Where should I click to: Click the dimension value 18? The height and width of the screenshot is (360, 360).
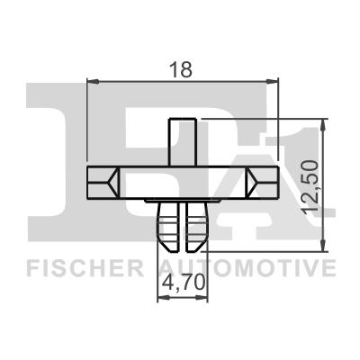(184, 67)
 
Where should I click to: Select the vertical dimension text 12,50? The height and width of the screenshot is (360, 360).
(312, 184)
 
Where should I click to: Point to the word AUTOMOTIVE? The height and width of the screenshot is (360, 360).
(247, 268)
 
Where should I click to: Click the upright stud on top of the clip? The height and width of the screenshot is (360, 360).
(184, 140)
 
